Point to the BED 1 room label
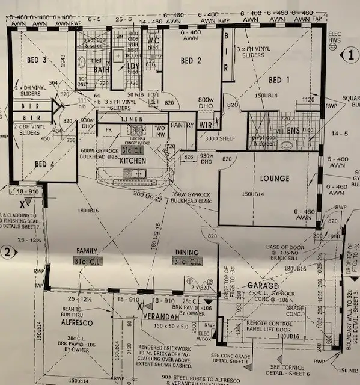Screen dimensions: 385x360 coord(280,80)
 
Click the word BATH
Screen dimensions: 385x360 coord(102,70)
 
